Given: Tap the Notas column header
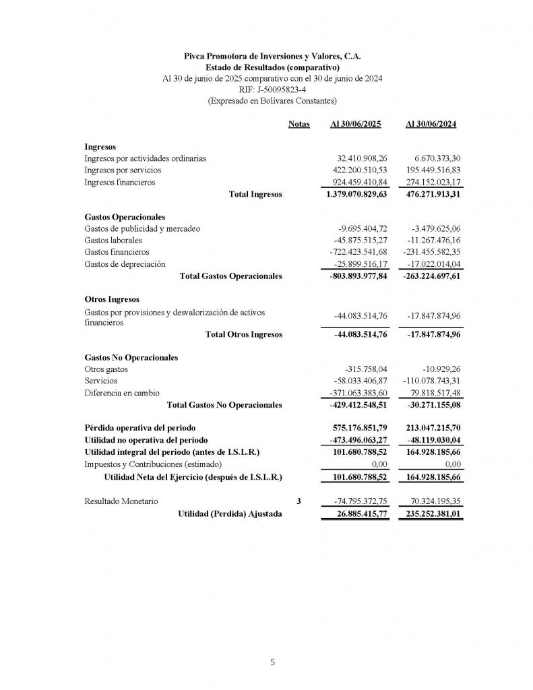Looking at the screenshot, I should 299,124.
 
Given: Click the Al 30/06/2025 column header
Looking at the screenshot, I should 356,124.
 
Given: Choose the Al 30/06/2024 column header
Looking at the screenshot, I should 431,124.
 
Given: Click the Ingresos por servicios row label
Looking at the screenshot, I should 123,170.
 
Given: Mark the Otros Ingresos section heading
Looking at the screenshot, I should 112,299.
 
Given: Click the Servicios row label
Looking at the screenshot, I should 100,381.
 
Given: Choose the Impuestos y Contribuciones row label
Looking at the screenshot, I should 154,464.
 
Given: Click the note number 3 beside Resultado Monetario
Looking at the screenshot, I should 299,501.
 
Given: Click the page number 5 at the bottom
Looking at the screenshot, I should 272,662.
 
